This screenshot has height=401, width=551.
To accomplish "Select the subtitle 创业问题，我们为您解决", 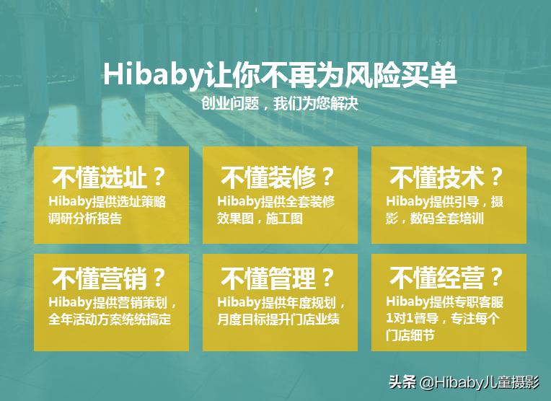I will (281, 103).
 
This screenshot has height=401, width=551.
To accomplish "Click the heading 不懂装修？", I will (278, 177).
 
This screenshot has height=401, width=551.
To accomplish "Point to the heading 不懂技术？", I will (447, 177).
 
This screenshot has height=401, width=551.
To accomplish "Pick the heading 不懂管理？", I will (278, 278).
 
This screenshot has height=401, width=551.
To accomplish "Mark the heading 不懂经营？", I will (447, 278).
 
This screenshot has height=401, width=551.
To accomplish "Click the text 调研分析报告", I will (85, 219).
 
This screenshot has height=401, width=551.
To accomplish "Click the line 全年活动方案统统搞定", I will (110, 319).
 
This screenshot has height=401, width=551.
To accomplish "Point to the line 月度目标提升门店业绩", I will (278, 319).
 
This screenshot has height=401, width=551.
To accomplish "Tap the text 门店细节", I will (410, 335).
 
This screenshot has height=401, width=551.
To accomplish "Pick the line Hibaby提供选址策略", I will (107, 202).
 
